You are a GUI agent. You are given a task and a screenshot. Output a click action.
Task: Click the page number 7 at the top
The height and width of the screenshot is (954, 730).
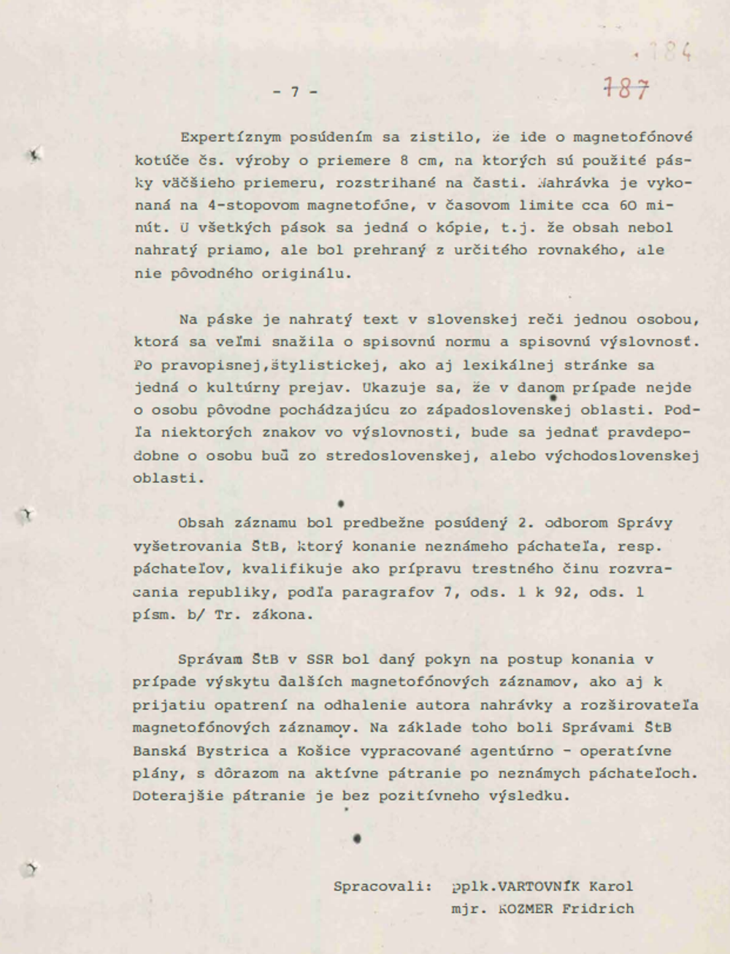[x=295, y=92]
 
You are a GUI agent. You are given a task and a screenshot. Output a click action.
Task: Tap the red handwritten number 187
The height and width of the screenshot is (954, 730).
[x=626, y=89]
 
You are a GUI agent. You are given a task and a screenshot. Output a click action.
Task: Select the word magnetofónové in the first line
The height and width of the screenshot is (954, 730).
[x=633, y=137]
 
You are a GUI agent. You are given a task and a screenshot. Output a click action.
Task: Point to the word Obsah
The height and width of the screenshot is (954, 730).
[x=201, y=524]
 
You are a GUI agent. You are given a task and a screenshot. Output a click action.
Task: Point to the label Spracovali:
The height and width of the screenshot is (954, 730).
[x=383, y=887]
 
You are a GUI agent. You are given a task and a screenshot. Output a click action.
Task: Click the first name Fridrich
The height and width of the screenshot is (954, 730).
[x=599, y=909]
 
